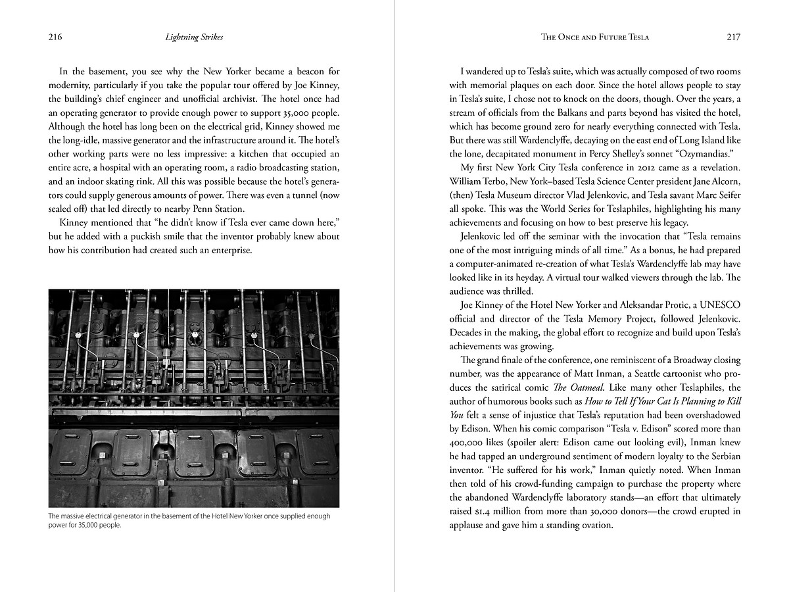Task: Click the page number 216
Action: (x=55, y=37)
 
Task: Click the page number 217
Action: (x=734, y=37)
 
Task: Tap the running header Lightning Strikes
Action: (x=194, y=37)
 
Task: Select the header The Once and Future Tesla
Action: (x=595, y=37)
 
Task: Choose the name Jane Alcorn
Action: (x=715, y=181)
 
